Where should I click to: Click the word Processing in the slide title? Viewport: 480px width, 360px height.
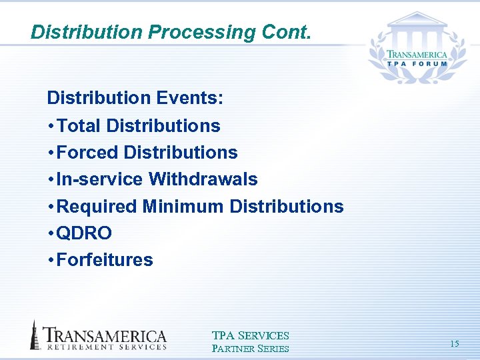[196, 31]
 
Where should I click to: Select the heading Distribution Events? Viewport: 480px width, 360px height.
[135, 99]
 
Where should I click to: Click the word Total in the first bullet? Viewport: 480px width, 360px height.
[79, 125]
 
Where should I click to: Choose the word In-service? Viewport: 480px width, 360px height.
[100, 179]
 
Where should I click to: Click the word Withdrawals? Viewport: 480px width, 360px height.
[203, 179]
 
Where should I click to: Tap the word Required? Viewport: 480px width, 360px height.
[97, 207]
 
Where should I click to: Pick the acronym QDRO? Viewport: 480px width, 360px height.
[85, 233]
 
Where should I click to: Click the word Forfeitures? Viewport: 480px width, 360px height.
[105, 260]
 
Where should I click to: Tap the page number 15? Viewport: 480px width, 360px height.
[455, 344]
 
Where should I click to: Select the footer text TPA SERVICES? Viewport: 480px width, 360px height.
[250, 335]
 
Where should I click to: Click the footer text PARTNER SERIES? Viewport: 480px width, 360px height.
[250, 348]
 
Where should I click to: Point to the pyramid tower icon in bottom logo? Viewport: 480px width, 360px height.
[35, 335]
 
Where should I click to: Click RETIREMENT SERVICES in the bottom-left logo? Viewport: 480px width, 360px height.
[105, 346]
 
